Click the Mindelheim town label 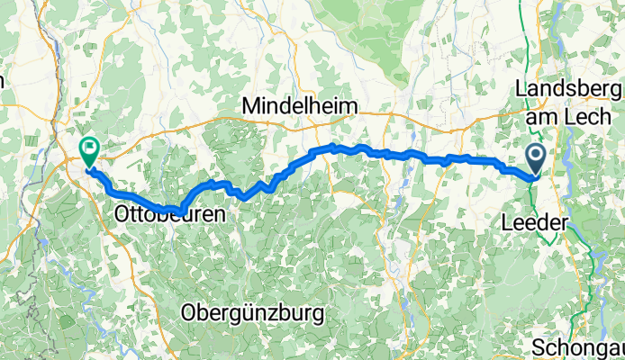(299, 106)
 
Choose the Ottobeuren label (168, 216)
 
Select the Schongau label (576, 347)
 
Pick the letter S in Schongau (538, 347)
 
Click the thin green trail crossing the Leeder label (547, 221)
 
